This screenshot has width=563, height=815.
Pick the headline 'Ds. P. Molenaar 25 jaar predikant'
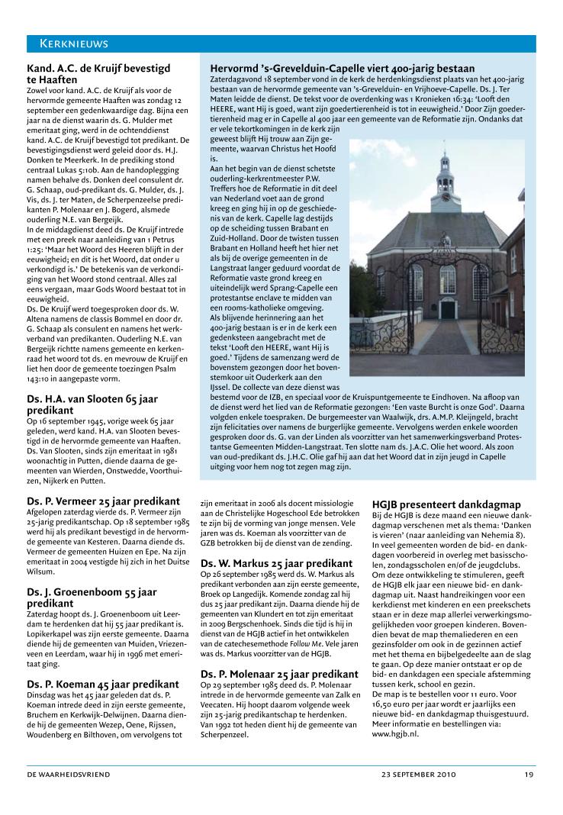click(279, 675)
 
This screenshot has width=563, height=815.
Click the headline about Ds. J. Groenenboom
click(92, 597)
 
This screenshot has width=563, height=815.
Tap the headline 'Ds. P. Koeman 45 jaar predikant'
click(103, 685)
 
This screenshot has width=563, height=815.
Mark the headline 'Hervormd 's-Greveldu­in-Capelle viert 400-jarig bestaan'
click(343, 69)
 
